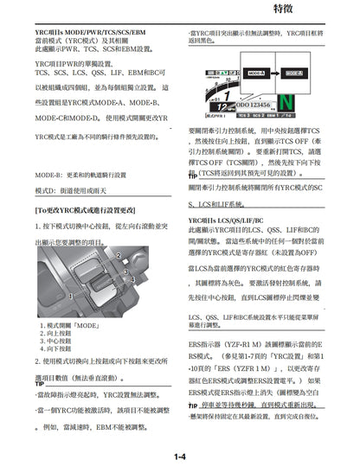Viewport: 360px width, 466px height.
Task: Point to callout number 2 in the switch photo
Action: pyautogui.click(x=119, y=256)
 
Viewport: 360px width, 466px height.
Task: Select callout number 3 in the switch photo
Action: pyautogui.click(x=126, y=271)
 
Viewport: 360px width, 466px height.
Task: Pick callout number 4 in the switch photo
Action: pyautogui.click(x=132, y=278)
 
